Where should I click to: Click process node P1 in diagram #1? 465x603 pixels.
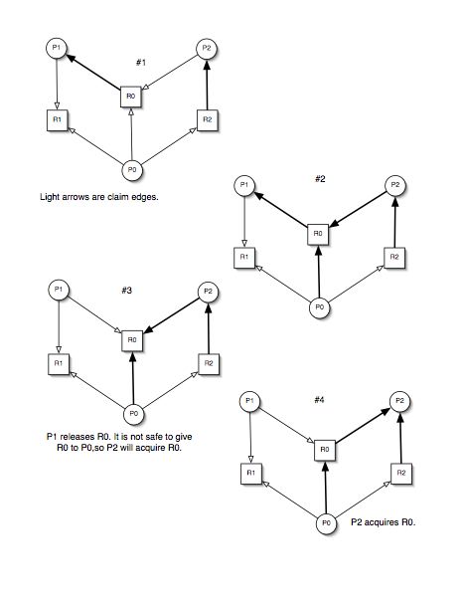pyautogui.click(x=57, y=48)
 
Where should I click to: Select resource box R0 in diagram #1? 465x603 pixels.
pyautogui.click(x=131, y=97)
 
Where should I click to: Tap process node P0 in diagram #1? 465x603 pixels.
pyautogui.click(x=132, y=169)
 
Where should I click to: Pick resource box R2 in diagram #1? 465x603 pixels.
pyautogui.click(x=208, y=120)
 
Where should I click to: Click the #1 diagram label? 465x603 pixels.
pyautogui.click(x=141, y=63)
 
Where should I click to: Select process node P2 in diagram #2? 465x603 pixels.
pyautogui.click(x=395, y=185)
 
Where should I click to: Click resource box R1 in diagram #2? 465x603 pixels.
pyautogui.click(x=244, y=258)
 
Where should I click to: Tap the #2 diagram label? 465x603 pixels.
pyautogui.click(x=320, y=179)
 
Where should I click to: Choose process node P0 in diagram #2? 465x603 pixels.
pyautogui.click(x=320, y=307)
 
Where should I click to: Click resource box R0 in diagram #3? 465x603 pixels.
pyautogui.click(x=132, y=340)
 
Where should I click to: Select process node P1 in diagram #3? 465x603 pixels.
pyautogui.click(x=59, y=290)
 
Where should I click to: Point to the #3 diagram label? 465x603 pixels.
pyautogui.click(x=127, y=291)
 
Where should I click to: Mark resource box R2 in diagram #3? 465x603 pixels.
pyautogui.click(x=209, y=364)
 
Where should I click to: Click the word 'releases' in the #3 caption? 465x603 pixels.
pyautogui.click(x=77, y=437)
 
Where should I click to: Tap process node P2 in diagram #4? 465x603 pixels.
pyautogui.click(x=400, y=401)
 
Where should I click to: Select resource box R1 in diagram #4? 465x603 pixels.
pyautogui.click(x=250, y=474)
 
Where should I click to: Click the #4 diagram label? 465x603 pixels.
pyautogui.click(x=319, y=400)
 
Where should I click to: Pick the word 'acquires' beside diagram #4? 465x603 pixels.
pyautogui.click(x=382, y=522)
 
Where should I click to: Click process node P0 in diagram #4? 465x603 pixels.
pyautogui.click(x=326, y=523)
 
